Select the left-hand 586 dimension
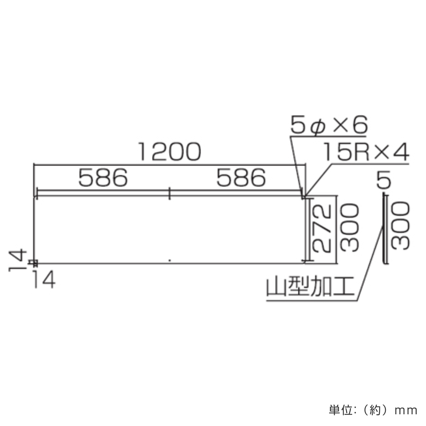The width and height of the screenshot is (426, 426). pos(103,178)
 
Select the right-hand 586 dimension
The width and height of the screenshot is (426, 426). pos(241,178)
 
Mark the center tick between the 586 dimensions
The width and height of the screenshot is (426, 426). pos(170,193)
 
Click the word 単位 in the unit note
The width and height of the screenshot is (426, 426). pos(340,410)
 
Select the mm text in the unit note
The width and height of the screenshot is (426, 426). pos(406,411)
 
